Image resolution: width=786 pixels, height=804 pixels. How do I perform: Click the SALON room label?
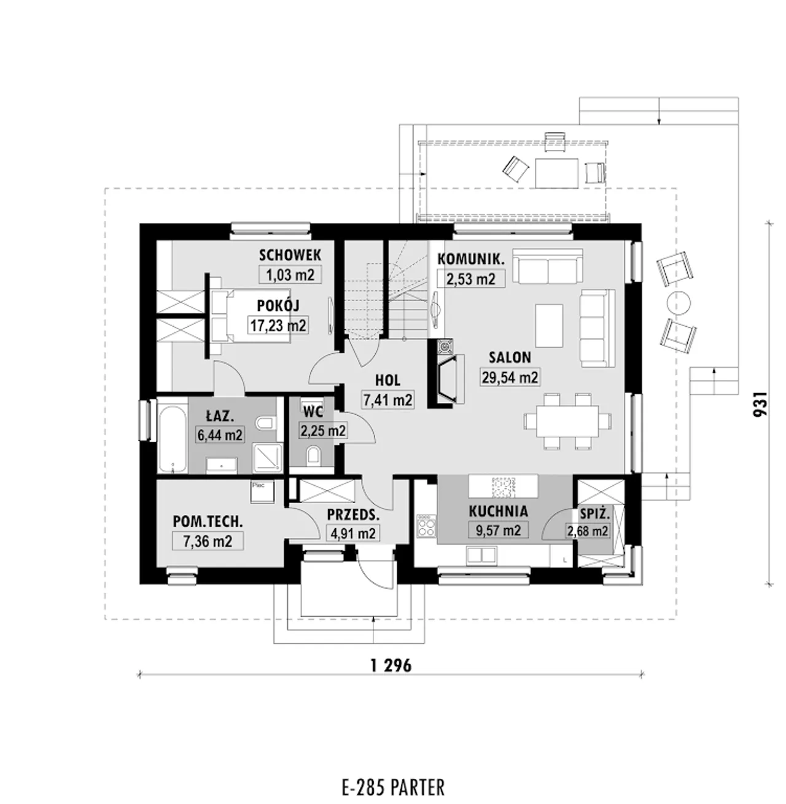coord(510,357)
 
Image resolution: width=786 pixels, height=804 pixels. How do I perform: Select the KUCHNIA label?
coord(498,512)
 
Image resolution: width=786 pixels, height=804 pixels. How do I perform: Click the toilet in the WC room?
coord(314,455)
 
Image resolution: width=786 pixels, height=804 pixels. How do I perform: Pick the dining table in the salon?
coord(567,421)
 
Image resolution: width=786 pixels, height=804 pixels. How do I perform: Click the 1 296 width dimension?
coord(391,666)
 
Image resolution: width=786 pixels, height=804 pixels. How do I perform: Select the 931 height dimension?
coord(760,404)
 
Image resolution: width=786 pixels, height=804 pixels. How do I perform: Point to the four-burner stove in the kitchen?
coord(426,526)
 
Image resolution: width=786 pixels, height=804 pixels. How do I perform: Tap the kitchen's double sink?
coord(481,555)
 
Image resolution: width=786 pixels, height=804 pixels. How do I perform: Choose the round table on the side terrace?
coord(679,303)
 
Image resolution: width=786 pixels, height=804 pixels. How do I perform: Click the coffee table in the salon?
coord(549,326)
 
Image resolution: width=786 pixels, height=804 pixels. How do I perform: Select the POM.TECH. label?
coord(208,522)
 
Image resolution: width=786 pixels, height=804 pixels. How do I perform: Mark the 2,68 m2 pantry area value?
coord(588,531)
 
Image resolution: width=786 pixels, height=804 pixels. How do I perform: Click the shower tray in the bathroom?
coord(267,458)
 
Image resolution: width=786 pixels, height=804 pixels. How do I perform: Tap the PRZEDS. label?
coord(353,515)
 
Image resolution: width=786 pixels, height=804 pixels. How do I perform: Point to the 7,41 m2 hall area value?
coord(387,400)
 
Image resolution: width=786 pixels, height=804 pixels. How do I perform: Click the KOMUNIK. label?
coord(471,259)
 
